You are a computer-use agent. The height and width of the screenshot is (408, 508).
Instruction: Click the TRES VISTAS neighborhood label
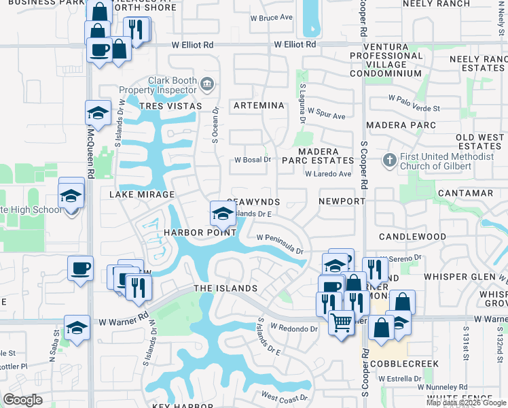(x=170, y=106)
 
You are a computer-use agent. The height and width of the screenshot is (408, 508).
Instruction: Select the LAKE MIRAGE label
(x=142, y=194)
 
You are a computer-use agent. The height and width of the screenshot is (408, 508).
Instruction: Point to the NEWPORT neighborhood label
(x=342, y=202)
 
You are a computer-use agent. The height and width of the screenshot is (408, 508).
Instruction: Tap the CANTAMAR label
(x=465, y=194)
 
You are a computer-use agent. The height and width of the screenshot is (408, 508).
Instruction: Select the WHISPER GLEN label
(x=460, y=277)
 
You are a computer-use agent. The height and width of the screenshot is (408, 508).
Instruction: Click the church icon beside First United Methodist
(x=389, y=160)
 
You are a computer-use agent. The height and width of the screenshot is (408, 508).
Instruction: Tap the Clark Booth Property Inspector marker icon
(x=208, y=84)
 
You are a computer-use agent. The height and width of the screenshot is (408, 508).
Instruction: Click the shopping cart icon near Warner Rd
(x=341, y=321)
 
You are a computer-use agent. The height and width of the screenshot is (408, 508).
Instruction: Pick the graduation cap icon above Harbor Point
(x=222, y=214)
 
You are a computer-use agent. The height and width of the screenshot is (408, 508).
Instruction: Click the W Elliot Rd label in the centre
(x=295, y=44)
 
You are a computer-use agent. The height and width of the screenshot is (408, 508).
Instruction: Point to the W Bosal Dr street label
(x=253, y=160)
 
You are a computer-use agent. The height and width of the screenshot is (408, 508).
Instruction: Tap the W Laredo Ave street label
(x=327, y=174)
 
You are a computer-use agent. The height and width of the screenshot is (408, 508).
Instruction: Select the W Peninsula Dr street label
(x=280, y=243)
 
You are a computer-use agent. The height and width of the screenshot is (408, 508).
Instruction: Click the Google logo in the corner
(x=22, y=400)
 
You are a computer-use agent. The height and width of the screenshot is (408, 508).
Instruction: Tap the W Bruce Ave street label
(x=271, y=18)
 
